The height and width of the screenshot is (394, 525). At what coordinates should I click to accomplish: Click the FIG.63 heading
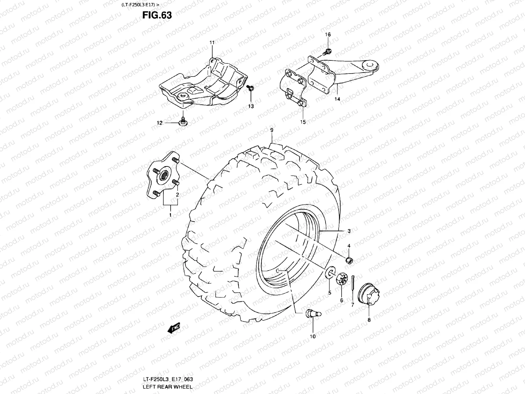pyautogui.click(x=157, y=15)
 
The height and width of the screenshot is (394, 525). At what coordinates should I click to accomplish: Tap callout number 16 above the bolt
pyautogui.click(x=328, y=34)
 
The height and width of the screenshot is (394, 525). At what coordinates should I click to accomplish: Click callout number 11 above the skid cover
pyautogui.click(x=212, y=43)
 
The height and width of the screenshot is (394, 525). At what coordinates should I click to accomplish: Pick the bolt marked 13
pyautogui.click(x=250, y=88)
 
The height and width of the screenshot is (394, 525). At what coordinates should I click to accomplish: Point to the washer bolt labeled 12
pyautogui.click(x=183, y=122)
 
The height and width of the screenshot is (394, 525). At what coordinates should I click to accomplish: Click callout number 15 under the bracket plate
pyautogui.click(x=303, y=122)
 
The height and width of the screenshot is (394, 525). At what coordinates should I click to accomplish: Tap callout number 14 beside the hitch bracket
pyautogui.click(x=337, y=99)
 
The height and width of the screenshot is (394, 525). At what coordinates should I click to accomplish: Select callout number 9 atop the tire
pyautogui.click(x=272, y=130)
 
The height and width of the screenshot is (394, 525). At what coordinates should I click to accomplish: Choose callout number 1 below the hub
pyautogui.click(x=170, y=214)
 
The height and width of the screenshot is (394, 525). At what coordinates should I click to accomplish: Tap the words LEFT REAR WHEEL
pyautogui.click(x=168, y=387)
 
